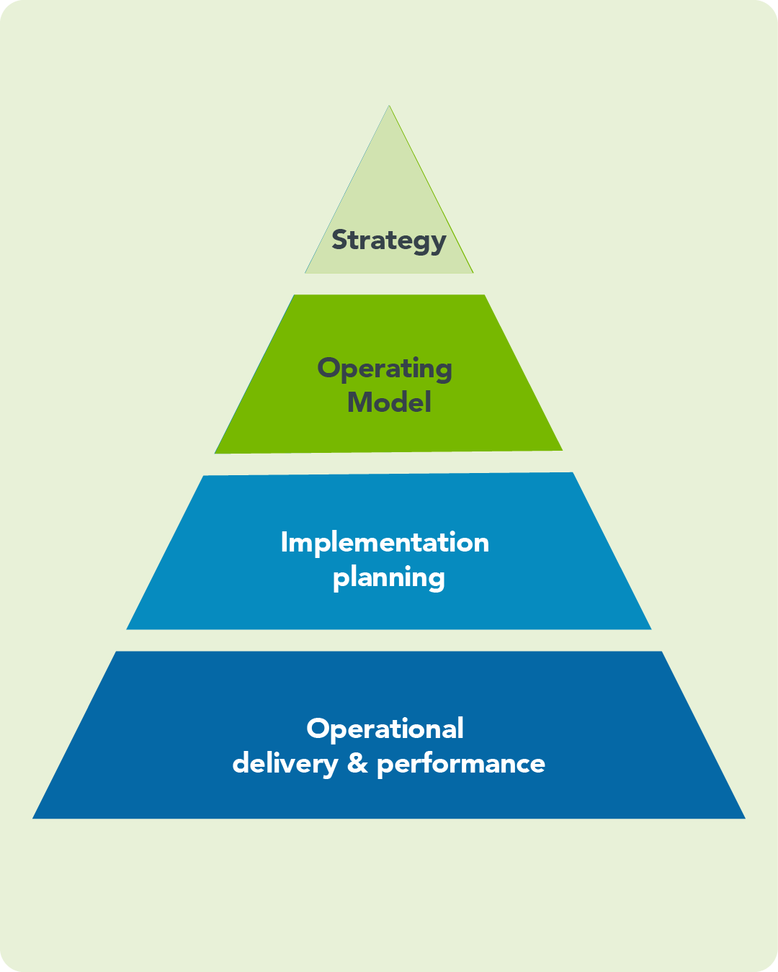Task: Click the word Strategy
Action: click(x=388, y=240)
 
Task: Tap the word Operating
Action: click(x=385, y=369)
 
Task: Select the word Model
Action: click(x=389, y=402)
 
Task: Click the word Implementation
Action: click(x=385, y=542)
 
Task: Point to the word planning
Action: click(x=389, y=577)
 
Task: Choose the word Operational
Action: click(x=385, y=729)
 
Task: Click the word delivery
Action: click(x=285, y=763)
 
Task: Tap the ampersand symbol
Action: click(x=357, y=763)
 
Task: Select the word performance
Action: click(x=461, y=764)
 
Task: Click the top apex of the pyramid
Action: click(x=389, y=107)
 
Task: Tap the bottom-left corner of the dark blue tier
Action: click(x=34, y=818)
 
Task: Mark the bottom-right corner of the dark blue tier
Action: click(x=744, y=818)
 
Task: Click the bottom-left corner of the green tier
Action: click(x=215, y=453)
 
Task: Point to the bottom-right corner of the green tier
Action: click(x=562, y=450)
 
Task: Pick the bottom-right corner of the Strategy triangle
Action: click(x=473, y=273)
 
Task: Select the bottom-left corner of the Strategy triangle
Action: click(x=305, y=273)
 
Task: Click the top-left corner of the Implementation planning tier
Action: click(x=204, y=476)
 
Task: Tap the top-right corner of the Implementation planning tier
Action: click(x=573, y=473)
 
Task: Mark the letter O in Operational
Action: click(x=317, y=729)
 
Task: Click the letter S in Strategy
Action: click(x=339, y=240)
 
